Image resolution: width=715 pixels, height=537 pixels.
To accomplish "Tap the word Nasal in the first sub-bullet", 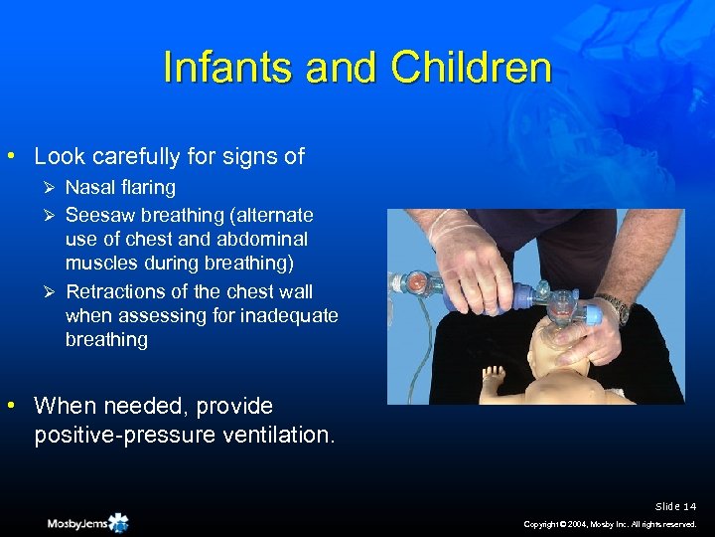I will [90, 187].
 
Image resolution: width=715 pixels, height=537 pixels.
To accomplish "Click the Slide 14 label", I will [676, 506].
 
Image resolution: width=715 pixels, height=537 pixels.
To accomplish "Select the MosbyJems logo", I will [87, 522].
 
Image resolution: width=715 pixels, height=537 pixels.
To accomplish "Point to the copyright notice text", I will [612, 524].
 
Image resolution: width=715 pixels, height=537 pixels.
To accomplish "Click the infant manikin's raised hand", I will [491, 377].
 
